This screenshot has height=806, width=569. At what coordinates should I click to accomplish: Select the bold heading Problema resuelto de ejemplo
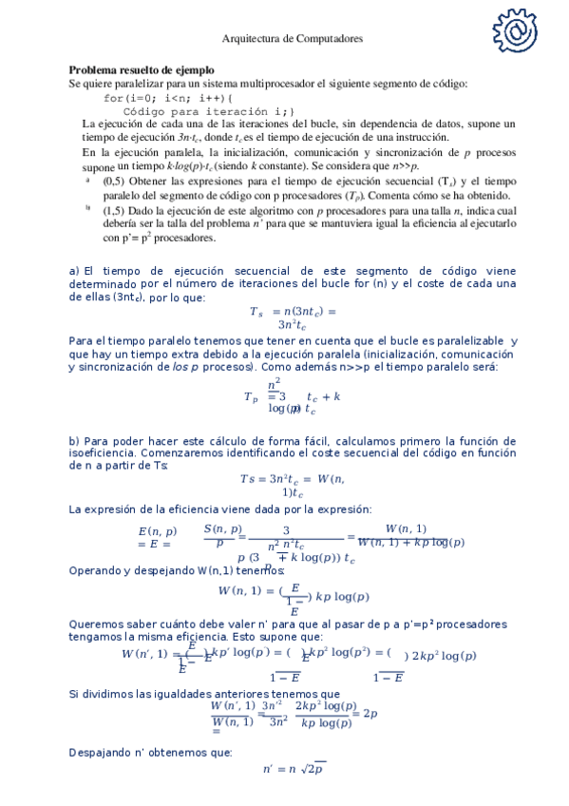(141, 70)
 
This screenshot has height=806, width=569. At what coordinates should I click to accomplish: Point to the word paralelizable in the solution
(465, 340)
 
